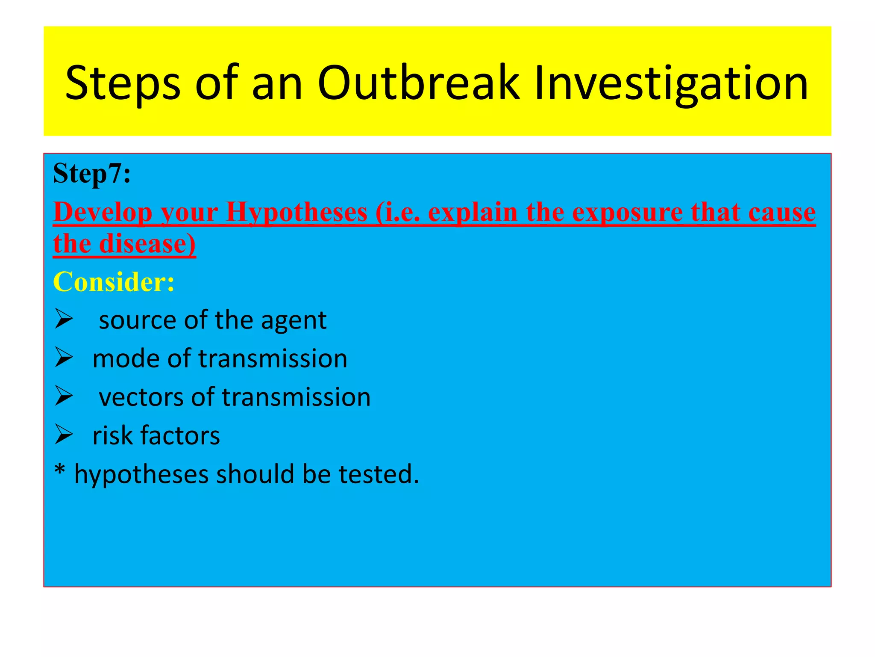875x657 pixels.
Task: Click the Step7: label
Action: tap(92, 174)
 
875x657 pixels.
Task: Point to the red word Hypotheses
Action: tap(297, 212)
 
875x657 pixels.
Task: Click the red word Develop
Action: tap(103, 212)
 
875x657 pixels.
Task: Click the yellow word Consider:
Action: tap(114, 282)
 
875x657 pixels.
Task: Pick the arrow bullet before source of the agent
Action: tap(64, 319)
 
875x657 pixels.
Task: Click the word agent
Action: tap(294, 321)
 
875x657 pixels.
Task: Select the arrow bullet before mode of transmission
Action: tap(64, 357)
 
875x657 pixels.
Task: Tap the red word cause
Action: tap(782, 212)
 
